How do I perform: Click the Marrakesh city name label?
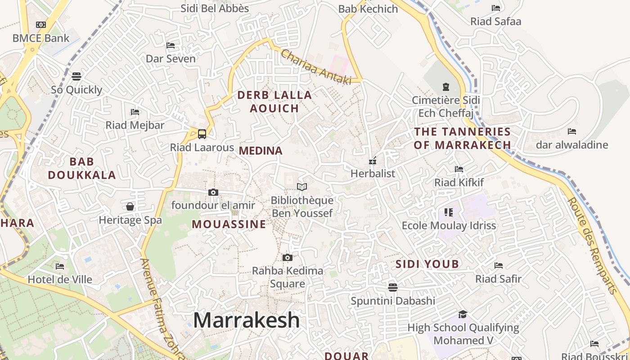click(246, 320)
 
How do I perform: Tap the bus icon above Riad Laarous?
click(202, 134)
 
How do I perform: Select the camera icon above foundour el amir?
click(213, 193)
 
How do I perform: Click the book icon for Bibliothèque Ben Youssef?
click(302, 187)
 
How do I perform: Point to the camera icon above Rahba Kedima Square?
click(288, 257)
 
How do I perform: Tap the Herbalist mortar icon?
click(373, 160)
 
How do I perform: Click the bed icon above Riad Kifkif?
click(459, 169)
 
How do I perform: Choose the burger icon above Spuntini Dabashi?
click(393, 287)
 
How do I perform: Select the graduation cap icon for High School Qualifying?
click(463, 314)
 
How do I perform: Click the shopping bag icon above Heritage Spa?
click(130, 207)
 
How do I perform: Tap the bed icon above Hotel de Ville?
click(60, 266)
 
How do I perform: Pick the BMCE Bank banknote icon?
click(41, 25)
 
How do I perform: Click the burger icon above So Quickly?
click(76, 76)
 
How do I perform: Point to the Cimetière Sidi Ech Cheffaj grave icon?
click(446, 86)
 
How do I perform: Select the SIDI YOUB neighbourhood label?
click(427, 264)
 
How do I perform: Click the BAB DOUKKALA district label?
click(82, 168)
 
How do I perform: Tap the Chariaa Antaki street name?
click(315, 67)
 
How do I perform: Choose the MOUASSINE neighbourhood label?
click(229, 224)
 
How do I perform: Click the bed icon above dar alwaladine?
click(572, 131)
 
